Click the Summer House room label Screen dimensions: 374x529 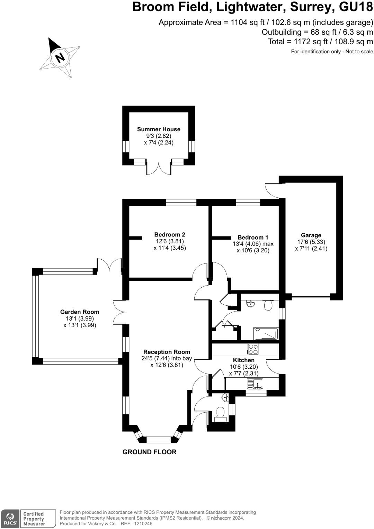point(159,129)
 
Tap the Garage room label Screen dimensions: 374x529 point(311,235)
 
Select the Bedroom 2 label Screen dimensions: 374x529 point(170,234)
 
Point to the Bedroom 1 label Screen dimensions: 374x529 point(253,237)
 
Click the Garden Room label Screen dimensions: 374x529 point(80,312)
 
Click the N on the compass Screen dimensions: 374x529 point(60,57)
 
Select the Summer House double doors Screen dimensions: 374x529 point(159,168)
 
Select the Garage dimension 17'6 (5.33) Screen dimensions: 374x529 point(311,242)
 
